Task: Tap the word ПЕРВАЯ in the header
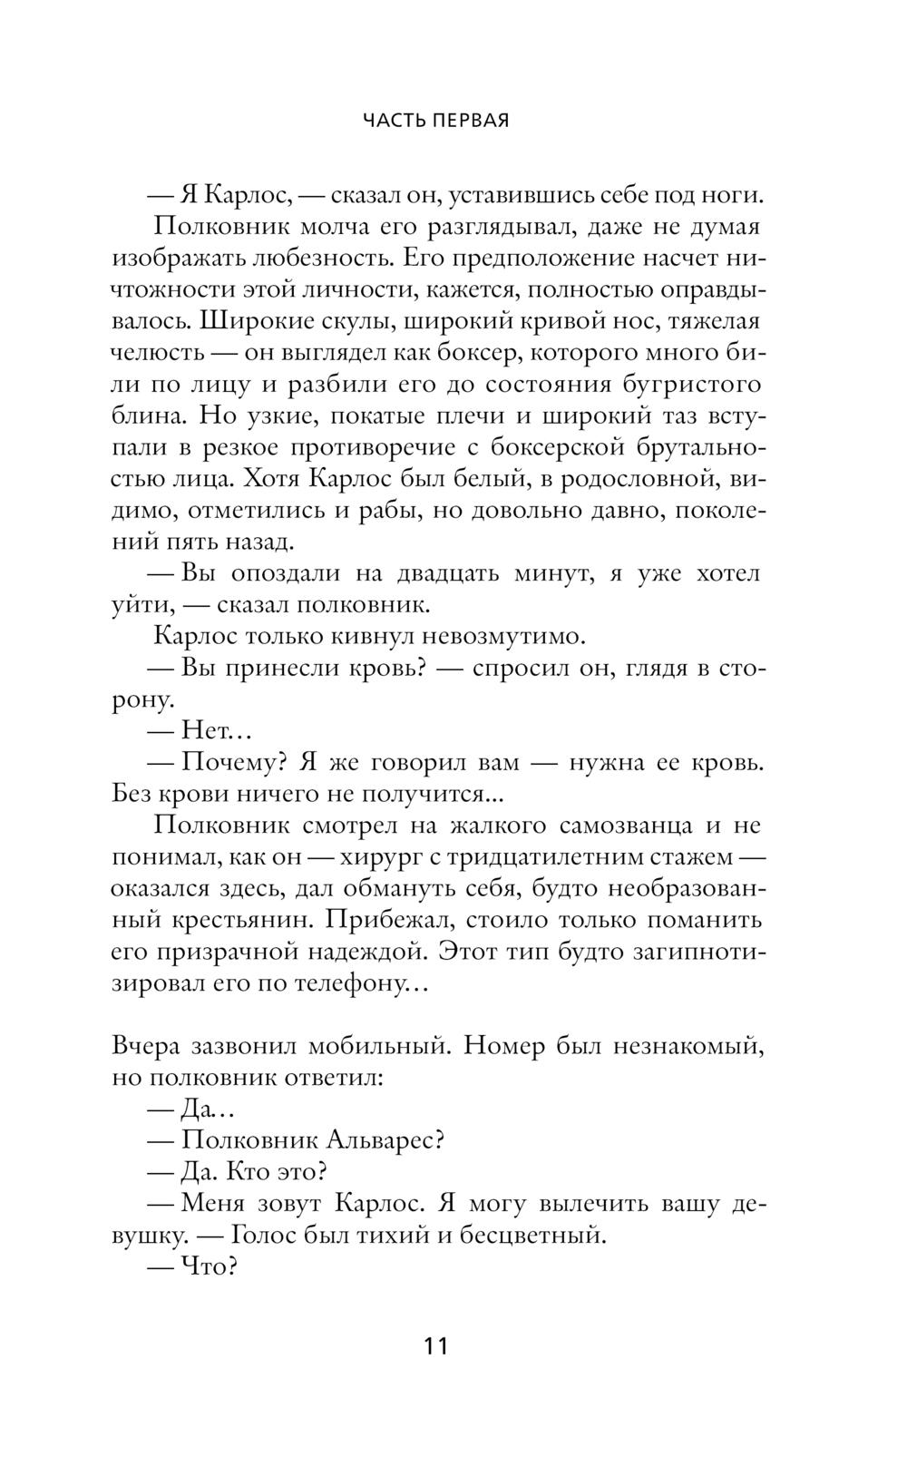coord(470,121)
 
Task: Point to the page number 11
coord(436,1345)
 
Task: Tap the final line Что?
coord(209,1266)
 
